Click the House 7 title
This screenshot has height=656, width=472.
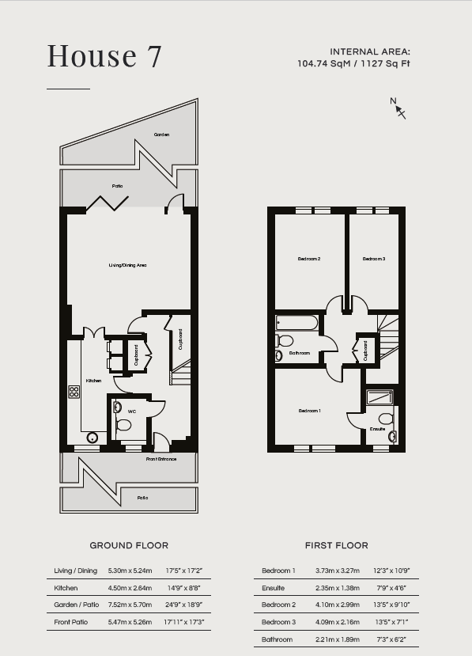[x=104, y=55]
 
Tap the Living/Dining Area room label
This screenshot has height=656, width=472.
[x=127, y=265]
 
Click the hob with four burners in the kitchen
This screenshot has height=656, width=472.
[x=74, y=392]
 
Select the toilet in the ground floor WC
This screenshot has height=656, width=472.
[x=123, y=425]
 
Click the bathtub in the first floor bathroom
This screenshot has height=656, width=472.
[x=296, y=323]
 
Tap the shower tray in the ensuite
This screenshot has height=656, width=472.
[x=379, y=397]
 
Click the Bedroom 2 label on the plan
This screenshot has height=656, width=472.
[x=309, y=259]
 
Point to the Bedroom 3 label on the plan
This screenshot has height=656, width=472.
[x=374, y=259]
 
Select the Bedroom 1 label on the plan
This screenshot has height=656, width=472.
[x=309, y=411]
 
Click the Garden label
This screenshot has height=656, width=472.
[x=161, y=135]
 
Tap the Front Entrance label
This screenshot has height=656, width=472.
[x=161, y=459]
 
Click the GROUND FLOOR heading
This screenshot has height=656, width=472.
[x=129, y=545]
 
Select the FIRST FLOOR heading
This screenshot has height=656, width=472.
[x=337, y=545]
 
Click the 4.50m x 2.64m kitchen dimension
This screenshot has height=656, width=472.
[x=130, y=588]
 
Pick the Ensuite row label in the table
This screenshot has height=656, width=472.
[x=273, y=588]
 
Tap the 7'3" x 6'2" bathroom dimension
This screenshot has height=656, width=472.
[x=391, y=639]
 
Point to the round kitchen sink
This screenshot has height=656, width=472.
[x=92, y=438]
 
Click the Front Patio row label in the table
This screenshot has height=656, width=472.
[x=70, y=622]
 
